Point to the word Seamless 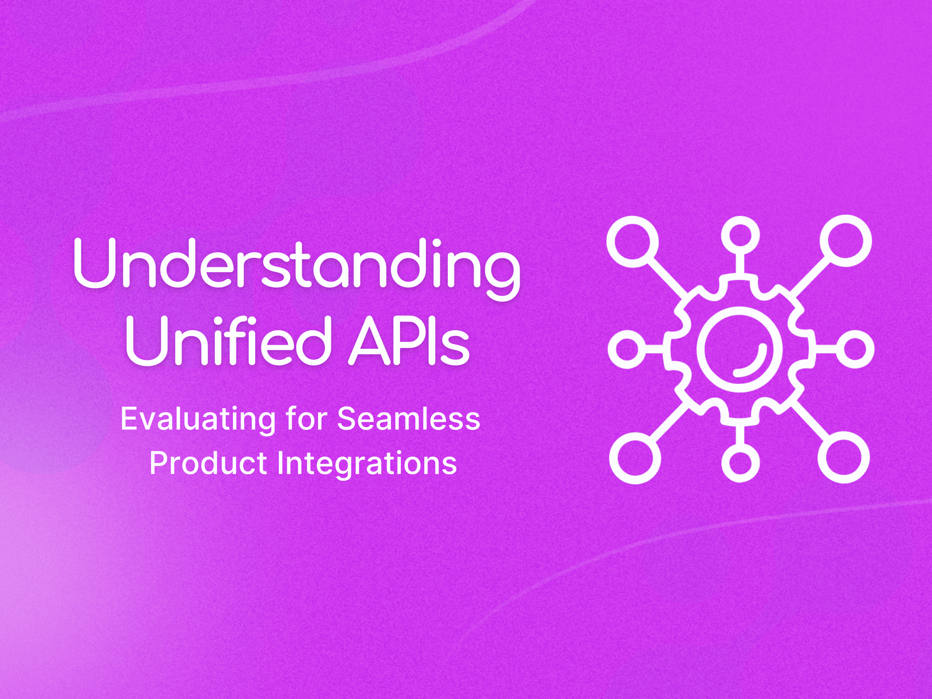coord(408,419)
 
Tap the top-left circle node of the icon coord(633,241)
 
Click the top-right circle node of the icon coord(846,241)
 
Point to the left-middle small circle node coord(627,349)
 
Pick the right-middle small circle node coord(855,349)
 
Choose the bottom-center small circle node coord(740,463)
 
